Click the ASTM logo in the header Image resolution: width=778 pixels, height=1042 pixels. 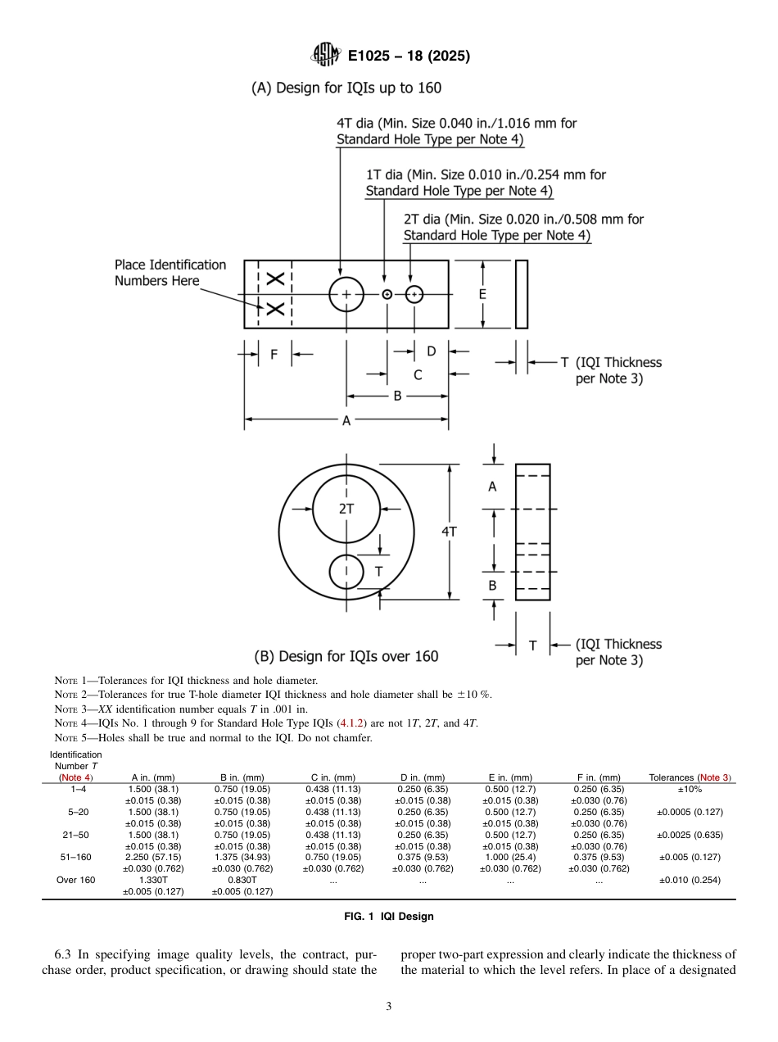click(x=325, y=56)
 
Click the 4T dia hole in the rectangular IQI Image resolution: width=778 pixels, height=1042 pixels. click(x=346, y=294)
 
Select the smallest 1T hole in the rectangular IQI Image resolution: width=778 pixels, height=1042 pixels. click(x=387, y=294)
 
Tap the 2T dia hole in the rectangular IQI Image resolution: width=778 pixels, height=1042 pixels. click(x=414, y=294)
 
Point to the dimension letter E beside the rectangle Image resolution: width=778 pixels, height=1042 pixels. click(x=482, y=294)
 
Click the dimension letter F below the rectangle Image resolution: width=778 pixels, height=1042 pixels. click(x=274, y=354)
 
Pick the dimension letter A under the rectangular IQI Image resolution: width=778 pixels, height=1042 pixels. click(x=346, y=420)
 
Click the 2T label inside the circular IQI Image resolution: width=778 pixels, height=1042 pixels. click(x=346, y=508)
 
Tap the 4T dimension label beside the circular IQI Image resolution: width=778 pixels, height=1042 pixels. click(x=449, y=531)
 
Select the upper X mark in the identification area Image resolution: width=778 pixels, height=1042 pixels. click(x=275, y=279)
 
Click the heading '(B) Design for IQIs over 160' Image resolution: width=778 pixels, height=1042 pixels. click(x=346, y=656)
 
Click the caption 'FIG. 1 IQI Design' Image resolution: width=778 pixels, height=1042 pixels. click(x=389, y=916)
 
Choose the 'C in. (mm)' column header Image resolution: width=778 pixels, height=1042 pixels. click(x=332, y=777)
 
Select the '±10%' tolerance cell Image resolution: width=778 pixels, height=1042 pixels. click(x=690, y=789)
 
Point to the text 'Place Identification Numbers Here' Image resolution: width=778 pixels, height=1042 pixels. click(x=170, y=273)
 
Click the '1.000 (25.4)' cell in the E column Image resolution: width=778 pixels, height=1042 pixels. click(x=510, y=857)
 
